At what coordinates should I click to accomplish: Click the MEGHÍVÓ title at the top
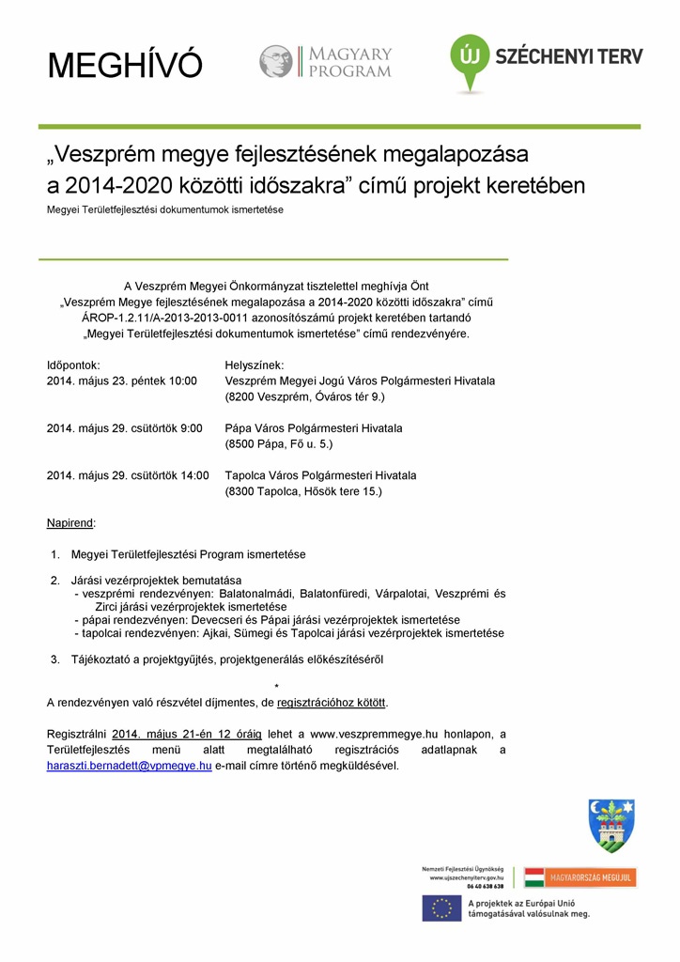point(125,66)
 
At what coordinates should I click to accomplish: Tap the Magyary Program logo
point(326,62)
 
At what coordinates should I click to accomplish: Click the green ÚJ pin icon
point(469,61)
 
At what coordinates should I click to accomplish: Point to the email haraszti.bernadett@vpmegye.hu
point(129,766)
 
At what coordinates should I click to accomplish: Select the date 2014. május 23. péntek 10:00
point(122,381)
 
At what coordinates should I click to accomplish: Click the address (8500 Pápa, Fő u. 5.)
point(279,444)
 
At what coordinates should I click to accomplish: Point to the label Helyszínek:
point(255,365)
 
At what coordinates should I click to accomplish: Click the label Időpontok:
point(73,365)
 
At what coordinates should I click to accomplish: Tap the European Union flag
point(440,908)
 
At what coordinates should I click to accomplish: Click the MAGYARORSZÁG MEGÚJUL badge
point(580,877)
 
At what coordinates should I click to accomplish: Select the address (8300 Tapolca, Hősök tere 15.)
point(303,491)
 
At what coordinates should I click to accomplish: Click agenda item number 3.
point(55,659)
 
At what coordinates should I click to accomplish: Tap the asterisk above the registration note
point(276,687)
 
